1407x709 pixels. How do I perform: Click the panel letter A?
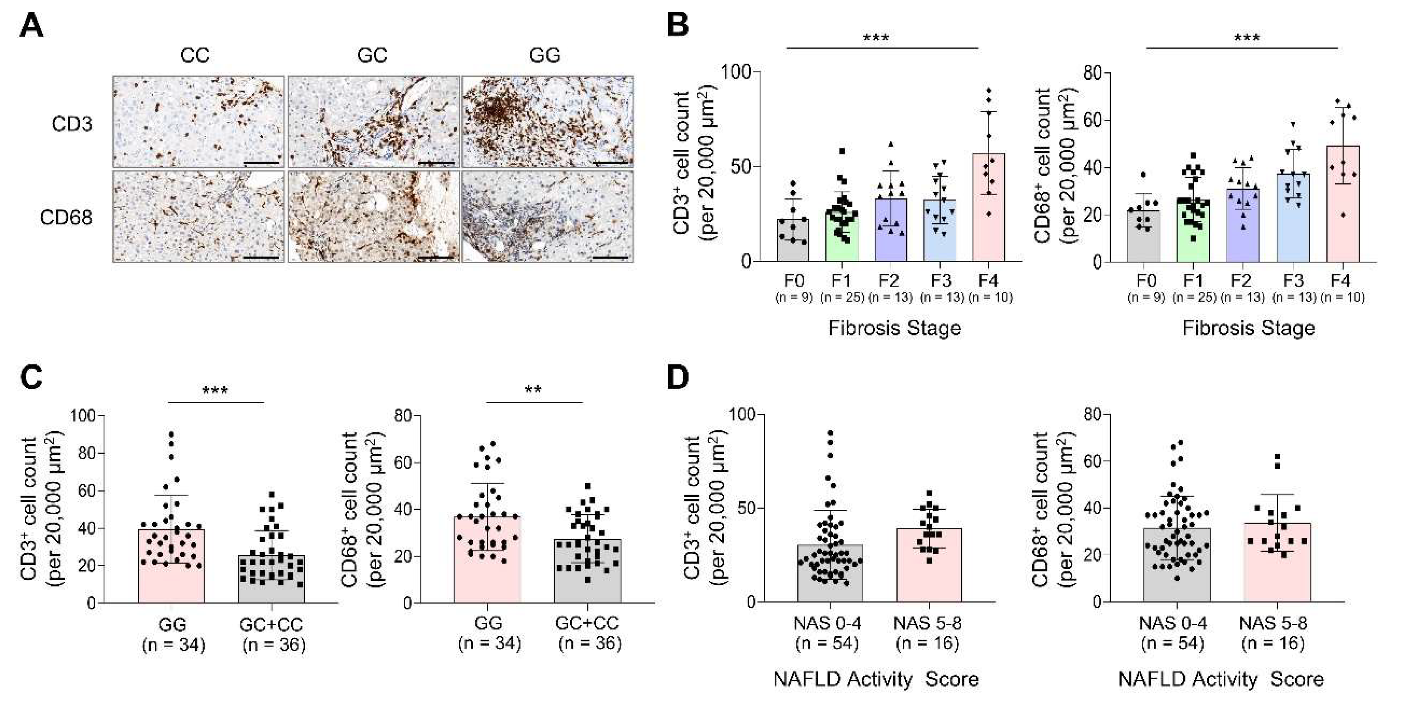click(x=31, y=26)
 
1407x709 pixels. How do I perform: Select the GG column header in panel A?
click(x=545, y=55)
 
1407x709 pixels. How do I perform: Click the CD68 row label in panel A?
click(x=66, y=218)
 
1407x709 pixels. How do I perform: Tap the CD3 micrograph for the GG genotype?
click(x=547, y=121)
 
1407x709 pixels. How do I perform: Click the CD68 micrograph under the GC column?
click(x=373, y=217)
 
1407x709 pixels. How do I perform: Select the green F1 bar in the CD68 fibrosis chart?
click(x=1193, y=235)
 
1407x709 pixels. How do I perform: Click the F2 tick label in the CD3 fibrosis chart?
click(x=889, y=281)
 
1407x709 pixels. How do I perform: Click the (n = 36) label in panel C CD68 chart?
click(x=590, y=643)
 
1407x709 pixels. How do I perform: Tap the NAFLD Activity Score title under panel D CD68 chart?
click(x=1221, y=679)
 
